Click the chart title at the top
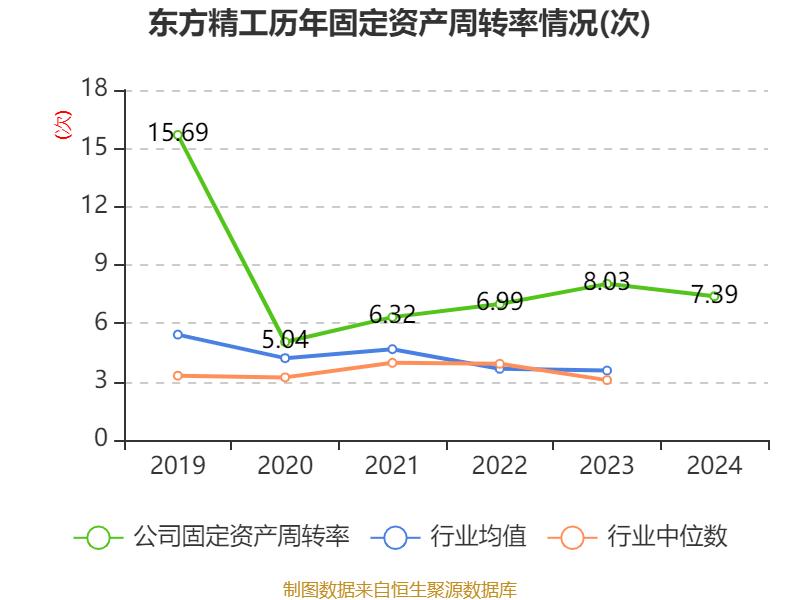click(399, 24)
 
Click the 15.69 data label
click(178, 132)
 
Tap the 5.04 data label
click(285, 339)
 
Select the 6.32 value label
click(392, 314)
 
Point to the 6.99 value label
click(499, 301)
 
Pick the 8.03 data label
click(606, 282)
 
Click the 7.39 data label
click(714, 294)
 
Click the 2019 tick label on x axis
click(178, 466)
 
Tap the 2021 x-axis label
click(392, 466)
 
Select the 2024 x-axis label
click(714, 466)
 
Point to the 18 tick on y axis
click(94, 90)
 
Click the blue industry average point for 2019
click(178, 334)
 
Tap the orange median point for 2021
click(392, 362)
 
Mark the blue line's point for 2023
click(606, 371)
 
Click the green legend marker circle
click(98, 537)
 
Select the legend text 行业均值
click(478, 537)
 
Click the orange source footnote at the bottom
click(399, 589)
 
